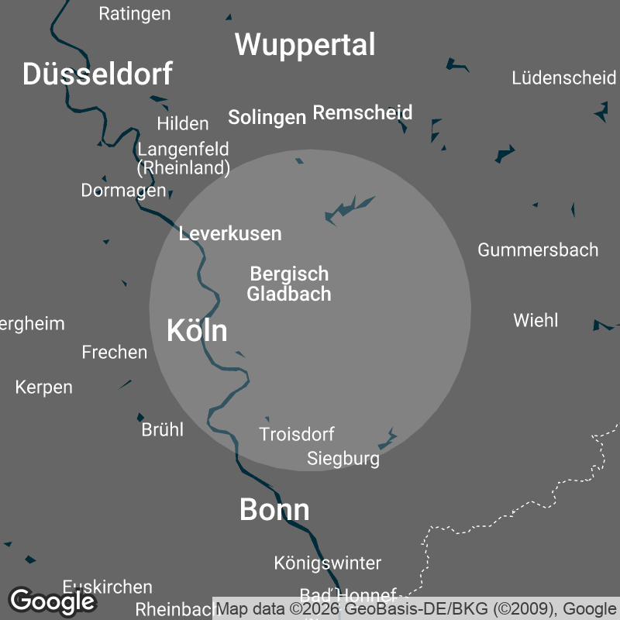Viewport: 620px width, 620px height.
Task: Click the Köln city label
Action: tap(197, 331)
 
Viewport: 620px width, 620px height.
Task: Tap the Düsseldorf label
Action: tap(97, 74)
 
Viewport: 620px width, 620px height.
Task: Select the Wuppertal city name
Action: tap(305, 45)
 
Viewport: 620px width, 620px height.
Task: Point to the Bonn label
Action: tap(274, 510)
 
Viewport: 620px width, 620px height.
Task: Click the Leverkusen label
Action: tap(230, 233)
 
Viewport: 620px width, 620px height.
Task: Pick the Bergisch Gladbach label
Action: tap(289, 284)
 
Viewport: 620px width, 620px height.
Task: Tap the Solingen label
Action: tap(267, 117)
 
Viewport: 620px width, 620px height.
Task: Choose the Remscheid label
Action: tap(362, 113)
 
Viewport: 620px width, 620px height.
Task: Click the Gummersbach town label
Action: tap(538, 250)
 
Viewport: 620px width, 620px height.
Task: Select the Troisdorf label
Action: tap(297, 434)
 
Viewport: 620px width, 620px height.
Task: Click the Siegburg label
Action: tap(343, 459)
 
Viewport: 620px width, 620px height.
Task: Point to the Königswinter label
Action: tap(328, 563)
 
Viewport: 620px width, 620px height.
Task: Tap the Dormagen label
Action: tap(123, 190)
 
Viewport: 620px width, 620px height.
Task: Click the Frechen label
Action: tap(115, 353)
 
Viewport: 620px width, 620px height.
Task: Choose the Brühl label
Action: tap(162, 429)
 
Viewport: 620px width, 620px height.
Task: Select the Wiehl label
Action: tap(536, 320)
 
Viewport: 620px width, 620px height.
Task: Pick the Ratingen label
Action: tap(135, 14)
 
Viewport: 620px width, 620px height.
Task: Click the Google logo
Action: tap(53, 601)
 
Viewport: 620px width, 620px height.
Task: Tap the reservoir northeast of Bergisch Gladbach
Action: tap(348, 208)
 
